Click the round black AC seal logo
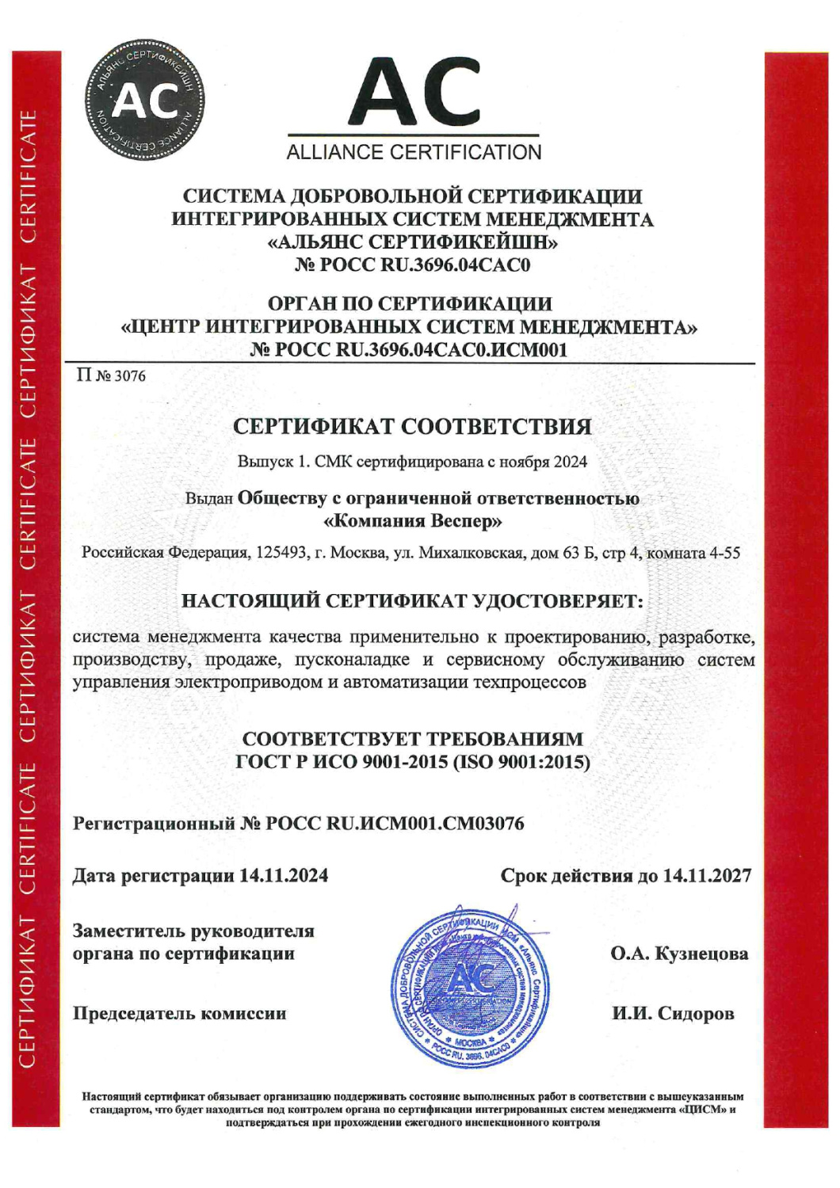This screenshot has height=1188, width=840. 143,100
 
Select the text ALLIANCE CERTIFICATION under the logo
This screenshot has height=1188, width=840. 414,152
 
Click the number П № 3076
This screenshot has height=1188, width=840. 111,375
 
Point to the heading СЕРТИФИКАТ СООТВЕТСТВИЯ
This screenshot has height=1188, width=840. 412,427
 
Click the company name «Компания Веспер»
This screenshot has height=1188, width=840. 413,521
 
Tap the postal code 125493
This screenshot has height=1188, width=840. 281,552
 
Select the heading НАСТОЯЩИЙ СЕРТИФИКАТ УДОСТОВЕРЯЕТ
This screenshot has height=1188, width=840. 412,601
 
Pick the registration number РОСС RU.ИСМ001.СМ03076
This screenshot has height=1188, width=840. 395,824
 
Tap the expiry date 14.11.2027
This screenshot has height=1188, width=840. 707,876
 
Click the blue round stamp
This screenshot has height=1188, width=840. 470,986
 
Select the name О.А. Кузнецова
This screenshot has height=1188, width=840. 679,954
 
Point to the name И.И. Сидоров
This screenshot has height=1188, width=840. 673,1014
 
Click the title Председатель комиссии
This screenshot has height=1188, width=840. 180,1014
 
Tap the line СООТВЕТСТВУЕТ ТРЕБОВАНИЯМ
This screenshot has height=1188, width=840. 412,739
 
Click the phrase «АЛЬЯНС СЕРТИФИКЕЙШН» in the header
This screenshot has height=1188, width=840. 412,242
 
